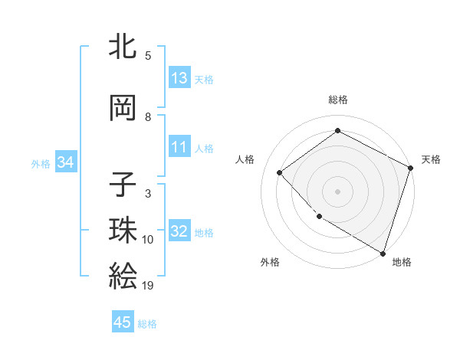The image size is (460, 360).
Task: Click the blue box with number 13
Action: [x=179, y=78]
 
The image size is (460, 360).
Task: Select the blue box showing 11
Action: [x=179, y=147]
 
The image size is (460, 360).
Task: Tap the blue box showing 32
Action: [x=179, y=231]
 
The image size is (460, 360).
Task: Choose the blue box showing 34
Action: [x=65, y=162]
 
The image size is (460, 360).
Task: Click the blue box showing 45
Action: [x=123, y=322]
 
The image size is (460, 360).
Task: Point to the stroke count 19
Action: [x=148, y=286]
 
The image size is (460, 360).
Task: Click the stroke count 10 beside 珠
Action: [x=148, y=240]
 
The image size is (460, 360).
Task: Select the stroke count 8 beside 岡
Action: [x=148, y=117]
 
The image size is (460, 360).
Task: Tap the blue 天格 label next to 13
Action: [x=204, y=80]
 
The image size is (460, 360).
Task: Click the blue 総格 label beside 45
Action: [x=147, y=324]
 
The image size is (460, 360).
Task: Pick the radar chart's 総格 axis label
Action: [x=337, y=100]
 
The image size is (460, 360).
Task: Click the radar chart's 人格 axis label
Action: [x=245, y=159]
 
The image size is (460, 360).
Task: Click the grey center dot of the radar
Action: [x=337, y=191]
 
